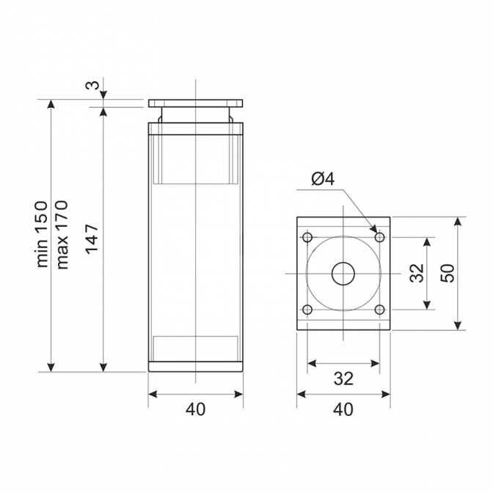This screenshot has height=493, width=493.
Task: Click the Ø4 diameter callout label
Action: click(x=323, y=179)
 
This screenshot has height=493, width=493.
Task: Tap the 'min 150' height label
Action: click(x=42, y=234)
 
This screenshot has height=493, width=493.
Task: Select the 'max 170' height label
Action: click(x=62, y=234)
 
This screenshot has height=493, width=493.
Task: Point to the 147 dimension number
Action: click(x=92, y=239)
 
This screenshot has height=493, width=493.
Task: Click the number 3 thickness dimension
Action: click(x=92, y=85)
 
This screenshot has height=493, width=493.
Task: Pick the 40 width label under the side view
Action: click(x=195, y=409)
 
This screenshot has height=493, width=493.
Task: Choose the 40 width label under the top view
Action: click(x=343, y=409)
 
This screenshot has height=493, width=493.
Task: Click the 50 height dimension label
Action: click(x=448, y=273)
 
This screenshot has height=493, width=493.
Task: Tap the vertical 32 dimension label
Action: click(x=417, y=273)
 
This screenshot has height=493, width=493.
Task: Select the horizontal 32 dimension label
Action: click(x=343, y=379)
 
